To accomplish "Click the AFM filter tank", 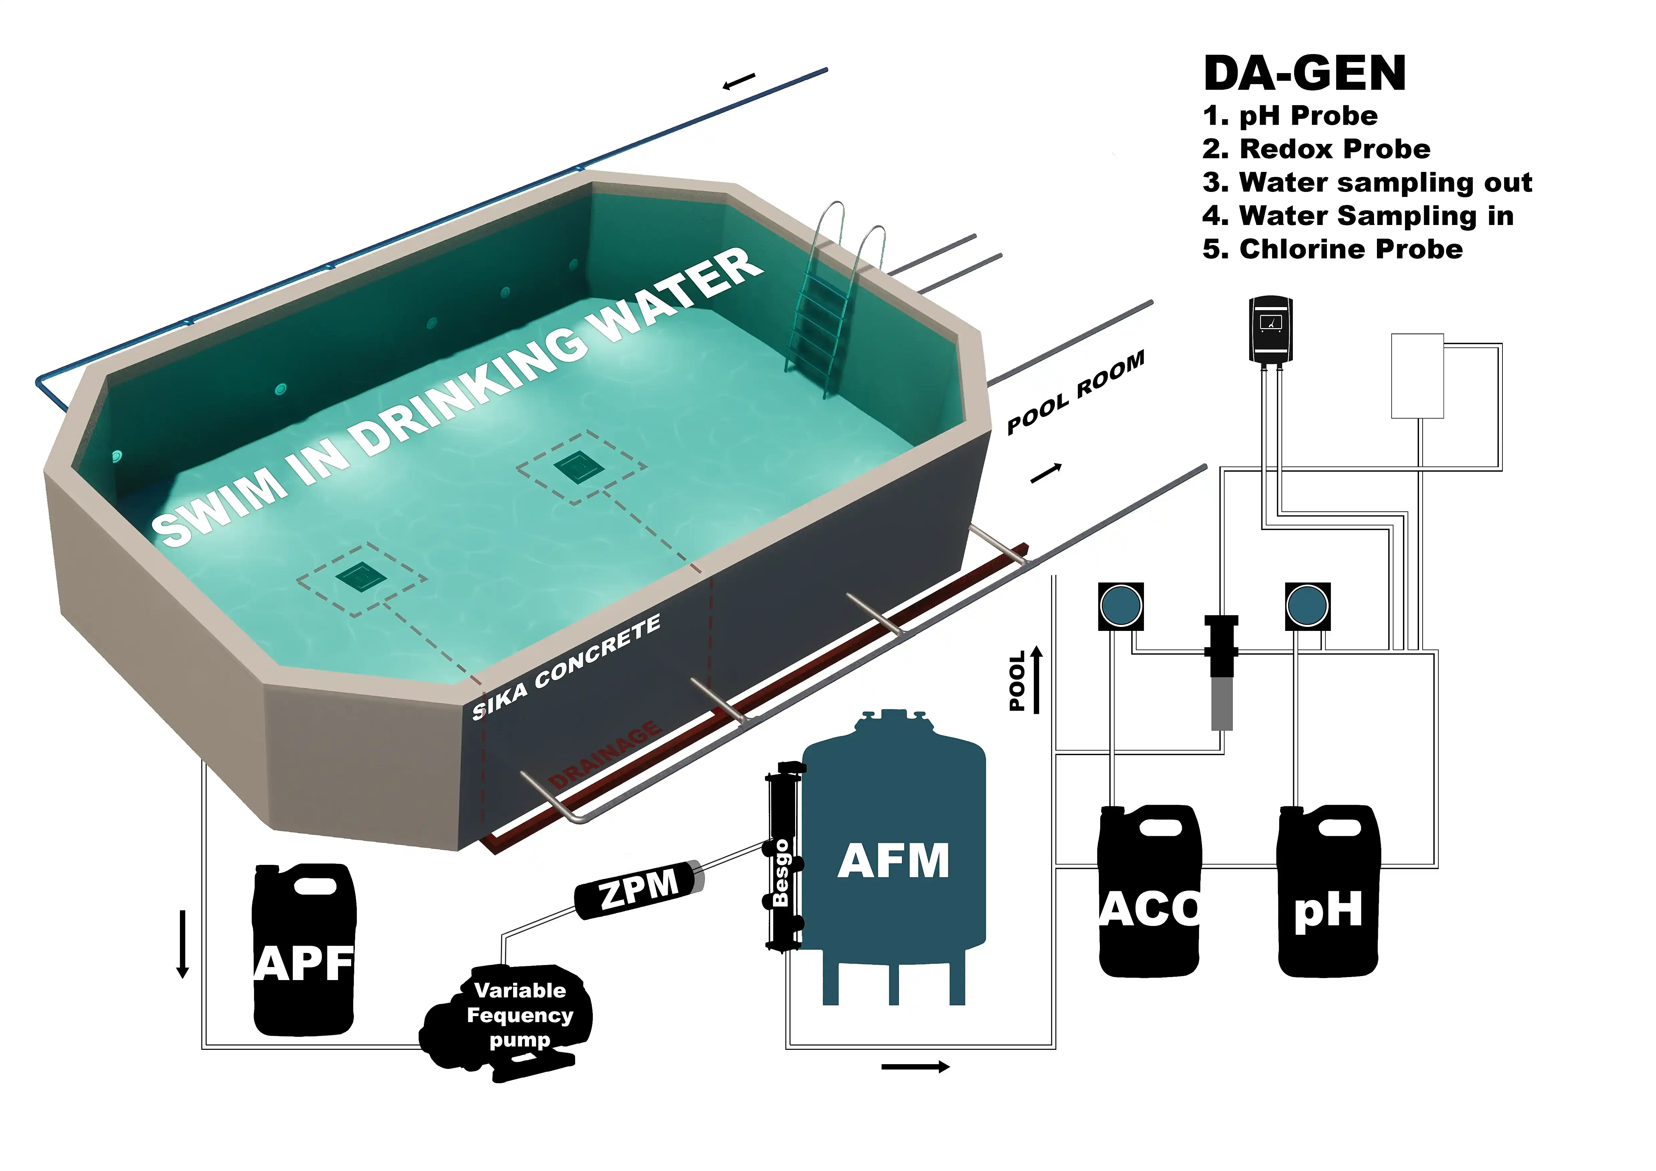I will (894, 858).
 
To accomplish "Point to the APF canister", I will (304, 952).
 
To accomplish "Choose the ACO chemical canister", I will (1149, 894).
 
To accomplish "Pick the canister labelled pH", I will (1328, 894).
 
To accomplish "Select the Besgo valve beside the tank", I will (782, 858).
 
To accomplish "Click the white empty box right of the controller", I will (1417, 376).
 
